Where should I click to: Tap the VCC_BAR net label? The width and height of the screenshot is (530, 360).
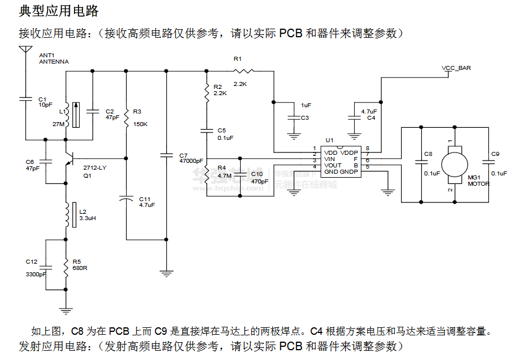(x=456, y=68)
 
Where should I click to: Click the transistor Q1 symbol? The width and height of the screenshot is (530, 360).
(x=69, y=158)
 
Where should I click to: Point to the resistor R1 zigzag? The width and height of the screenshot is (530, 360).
(x=243, y=71)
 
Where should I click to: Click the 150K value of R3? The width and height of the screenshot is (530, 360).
(x=140, y=124)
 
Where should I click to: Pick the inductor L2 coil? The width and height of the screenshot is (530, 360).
(x=66, y=214)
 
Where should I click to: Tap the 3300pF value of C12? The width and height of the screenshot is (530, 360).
(x=36, y=275)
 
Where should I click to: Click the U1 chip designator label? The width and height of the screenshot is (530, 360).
(x=329, y=140)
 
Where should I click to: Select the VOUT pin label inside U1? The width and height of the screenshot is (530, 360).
(x=333, y=165)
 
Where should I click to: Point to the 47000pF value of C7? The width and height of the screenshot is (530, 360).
(x=191, y=161)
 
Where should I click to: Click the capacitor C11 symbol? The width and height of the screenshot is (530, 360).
(x=126, y=199)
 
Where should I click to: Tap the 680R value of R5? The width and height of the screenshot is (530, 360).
(x=80, y=268)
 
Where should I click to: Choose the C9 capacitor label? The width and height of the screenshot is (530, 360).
(x=496, y=154)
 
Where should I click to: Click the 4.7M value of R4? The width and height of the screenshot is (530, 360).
(x=224, y=175)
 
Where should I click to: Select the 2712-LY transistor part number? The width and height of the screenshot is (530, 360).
(x=95, y=167)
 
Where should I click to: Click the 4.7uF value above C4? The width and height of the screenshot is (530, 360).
(x=369, y=111)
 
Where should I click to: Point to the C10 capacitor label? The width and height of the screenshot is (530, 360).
(x=257, y=174)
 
